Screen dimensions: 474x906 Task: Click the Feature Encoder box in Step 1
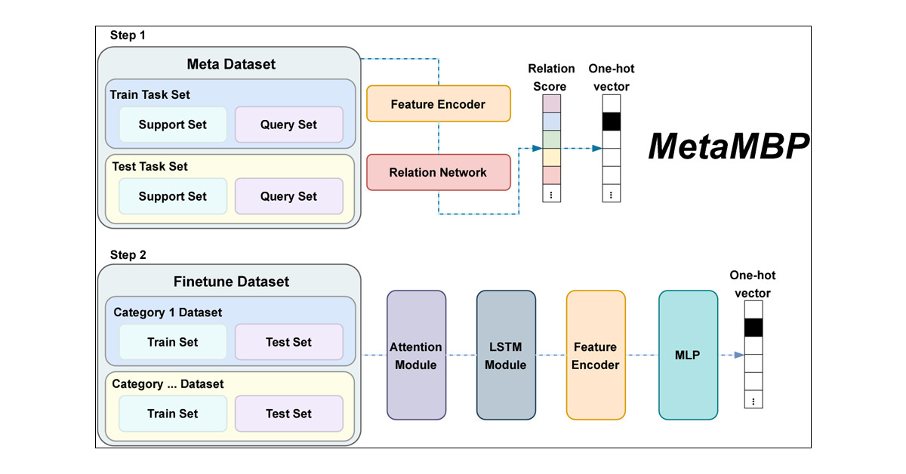[438, 104]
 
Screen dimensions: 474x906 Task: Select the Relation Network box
[438, 172]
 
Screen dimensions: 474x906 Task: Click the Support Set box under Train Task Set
[172, 125]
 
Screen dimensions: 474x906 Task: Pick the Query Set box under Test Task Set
[288, 196]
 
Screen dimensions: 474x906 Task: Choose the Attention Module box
[416, 355]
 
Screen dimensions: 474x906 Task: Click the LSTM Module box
[506, 355]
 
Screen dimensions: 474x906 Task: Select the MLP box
[688, 355]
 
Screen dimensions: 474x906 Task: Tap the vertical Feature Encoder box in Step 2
[596, 355]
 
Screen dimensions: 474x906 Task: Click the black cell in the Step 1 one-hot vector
[612, 122]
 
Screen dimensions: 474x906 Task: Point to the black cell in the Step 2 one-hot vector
[753, 328]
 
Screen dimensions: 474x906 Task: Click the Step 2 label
[128, 255]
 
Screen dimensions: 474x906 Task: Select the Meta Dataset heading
[230, 64]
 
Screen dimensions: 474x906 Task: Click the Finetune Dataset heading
[230, 282]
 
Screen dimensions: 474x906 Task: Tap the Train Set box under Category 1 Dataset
[172, 342]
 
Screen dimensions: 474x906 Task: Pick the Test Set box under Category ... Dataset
[288, 414]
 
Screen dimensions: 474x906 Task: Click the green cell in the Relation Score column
[552, 140]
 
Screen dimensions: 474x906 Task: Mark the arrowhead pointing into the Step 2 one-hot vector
[738, 355]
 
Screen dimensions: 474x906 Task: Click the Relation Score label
[552, 77]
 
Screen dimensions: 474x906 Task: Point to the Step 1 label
[128, 35]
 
